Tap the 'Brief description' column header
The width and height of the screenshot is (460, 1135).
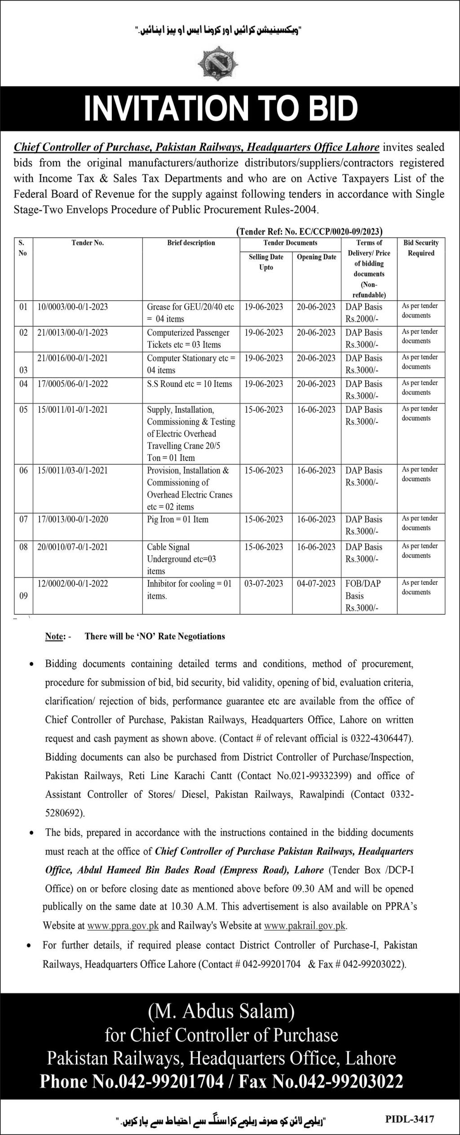tap(191, 243)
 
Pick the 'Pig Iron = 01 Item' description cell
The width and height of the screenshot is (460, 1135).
tap(178, 519)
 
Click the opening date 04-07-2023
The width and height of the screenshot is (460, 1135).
tap(316, 583)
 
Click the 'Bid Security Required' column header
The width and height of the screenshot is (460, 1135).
tap(421, 248)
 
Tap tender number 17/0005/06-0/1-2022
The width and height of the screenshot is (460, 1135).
tap(73, 384)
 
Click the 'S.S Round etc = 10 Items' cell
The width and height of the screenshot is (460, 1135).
tap(190, 384)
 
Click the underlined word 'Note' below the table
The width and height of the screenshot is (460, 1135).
tap(54, 636)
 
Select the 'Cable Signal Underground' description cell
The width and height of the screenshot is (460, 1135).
tap(181, 559)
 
